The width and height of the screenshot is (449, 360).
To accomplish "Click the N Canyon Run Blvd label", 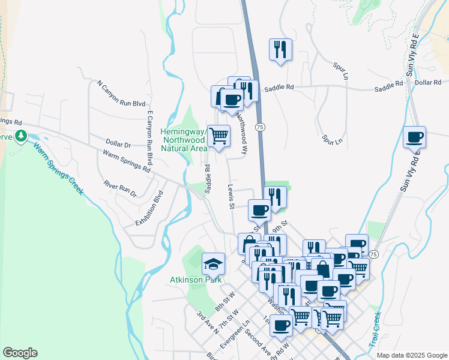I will tap(121, 95).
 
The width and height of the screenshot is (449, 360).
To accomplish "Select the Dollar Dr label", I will tap(118, 145).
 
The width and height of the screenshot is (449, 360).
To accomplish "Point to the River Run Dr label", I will tap(120, 189).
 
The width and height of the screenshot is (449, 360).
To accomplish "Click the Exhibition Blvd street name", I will tap(149, 208).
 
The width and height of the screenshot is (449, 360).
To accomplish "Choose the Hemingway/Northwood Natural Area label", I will tap(184, 140).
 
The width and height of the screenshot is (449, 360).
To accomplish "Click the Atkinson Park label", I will tap(196, 280).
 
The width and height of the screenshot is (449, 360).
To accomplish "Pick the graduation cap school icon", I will tap(212, 263).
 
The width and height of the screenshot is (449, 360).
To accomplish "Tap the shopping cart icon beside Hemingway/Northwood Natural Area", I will tap(218, 136).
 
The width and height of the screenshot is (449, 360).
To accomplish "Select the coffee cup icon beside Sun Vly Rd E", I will tap(414, 137).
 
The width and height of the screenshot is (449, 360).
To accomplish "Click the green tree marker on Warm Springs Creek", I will tap(22, 137).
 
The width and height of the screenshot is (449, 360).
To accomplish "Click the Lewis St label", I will tap(231, 197).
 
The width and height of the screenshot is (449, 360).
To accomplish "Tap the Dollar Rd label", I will tap(427, 82).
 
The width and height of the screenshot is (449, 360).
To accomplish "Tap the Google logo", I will tap(20, 353).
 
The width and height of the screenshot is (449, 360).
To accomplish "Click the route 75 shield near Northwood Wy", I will tap(259, 127).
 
